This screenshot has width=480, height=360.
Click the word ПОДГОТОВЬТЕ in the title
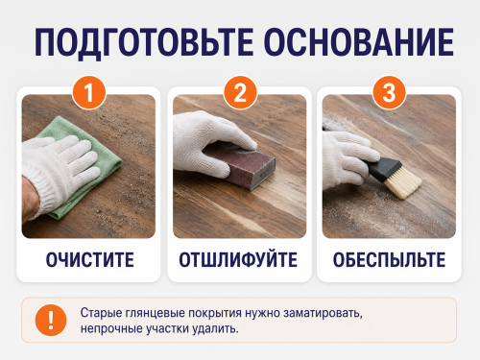144,43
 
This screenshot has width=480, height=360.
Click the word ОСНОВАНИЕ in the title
359,42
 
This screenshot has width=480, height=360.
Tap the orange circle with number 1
89,93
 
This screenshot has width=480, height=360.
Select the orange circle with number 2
240,93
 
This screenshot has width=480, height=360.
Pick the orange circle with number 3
389,93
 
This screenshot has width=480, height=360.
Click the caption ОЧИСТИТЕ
90,260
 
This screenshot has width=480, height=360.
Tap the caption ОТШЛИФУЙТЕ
238,260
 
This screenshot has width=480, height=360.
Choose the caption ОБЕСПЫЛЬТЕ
389,260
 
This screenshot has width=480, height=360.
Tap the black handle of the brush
381,167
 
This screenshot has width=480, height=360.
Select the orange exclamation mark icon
51,320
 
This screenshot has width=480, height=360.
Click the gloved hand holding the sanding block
209,144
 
